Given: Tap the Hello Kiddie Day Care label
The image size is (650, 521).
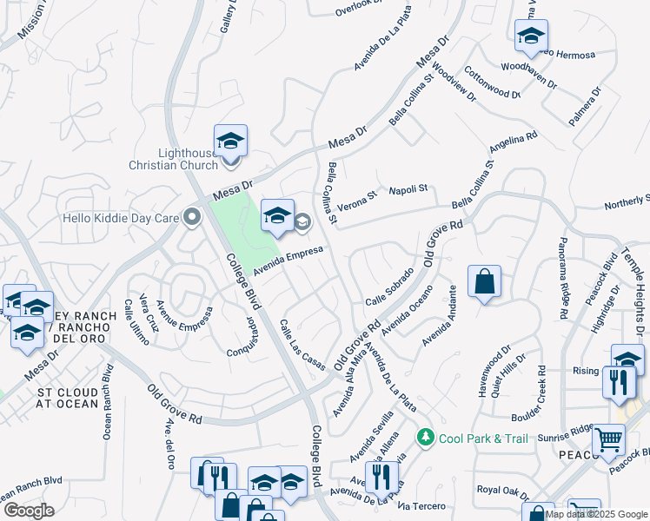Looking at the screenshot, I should click(121, 217).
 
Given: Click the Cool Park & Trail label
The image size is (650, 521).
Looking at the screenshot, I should click(483, 438).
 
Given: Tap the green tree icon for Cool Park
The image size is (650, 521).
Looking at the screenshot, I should click(425, 437).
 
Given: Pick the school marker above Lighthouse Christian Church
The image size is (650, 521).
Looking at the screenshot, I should click(231, 142).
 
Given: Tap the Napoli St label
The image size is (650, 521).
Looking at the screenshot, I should click(408, 189).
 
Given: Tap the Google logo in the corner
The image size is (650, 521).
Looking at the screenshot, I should click(28, 511).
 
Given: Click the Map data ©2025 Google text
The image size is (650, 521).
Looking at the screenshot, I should click(596, 514).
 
